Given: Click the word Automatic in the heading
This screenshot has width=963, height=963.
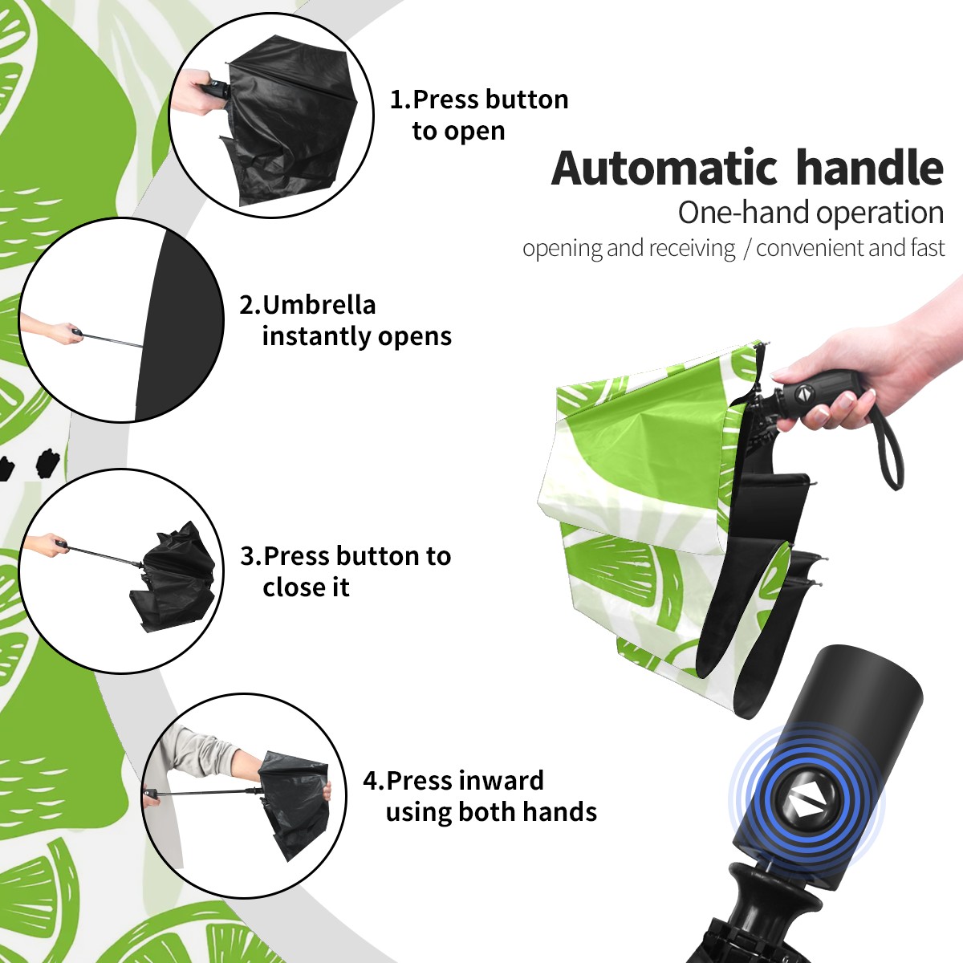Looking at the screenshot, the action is tap(664, 169).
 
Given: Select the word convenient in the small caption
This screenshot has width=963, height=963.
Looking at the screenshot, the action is tap(809, 248).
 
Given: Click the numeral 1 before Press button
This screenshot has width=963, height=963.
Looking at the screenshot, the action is tap(396, 100).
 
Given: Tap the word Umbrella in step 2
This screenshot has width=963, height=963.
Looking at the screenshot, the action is tap(319, 305).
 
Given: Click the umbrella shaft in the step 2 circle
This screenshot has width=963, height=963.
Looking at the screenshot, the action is tap(113, 340).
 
